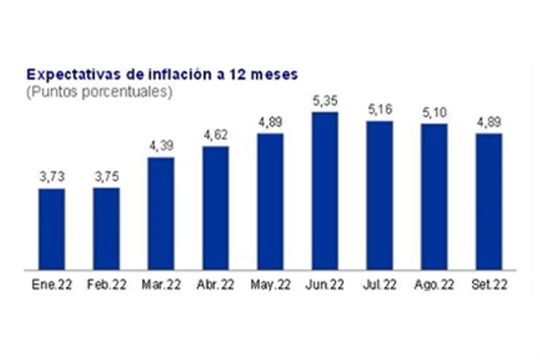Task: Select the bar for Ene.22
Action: coord(51,229)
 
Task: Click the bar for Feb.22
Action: coord(107,229)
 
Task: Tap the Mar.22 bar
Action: coord(161,213)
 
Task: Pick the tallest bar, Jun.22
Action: coord(325,190)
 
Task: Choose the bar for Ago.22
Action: coord(434,197)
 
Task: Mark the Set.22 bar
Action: coord(489,202)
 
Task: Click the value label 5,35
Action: coord(325,101)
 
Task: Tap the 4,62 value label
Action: coord(215,136)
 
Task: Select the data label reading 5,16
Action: coord(379,110)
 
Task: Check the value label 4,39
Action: coord(161,146)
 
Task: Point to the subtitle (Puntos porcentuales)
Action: coord(99,92)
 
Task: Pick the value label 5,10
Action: coord(434,113)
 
